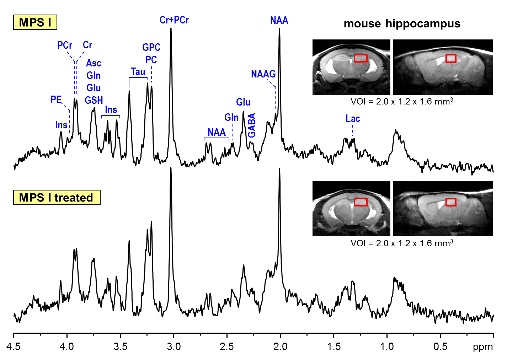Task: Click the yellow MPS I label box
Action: point(35,22)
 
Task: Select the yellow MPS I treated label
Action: point(57,198)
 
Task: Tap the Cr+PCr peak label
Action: point(174,20)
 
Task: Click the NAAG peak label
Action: point(263,74)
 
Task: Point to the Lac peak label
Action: point(353,119)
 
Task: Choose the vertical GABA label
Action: point(252,125)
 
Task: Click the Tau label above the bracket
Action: point(138,72)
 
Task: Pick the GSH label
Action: point(94,100)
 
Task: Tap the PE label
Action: point(56,100)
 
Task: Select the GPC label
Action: point(151,47)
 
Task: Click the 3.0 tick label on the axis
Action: point(174,346)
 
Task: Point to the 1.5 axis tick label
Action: point(333,346)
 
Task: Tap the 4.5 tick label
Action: point(14,346)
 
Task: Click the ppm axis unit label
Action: point(483,347)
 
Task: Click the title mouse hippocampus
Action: point(402,24)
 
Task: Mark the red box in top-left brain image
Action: point(361,58)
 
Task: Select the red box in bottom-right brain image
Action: point(451,202)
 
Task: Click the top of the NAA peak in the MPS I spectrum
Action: point(279,29)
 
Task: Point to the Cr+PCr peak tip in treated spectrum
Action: point(171,168)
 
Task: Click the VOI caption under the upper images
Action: point(402,102)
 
